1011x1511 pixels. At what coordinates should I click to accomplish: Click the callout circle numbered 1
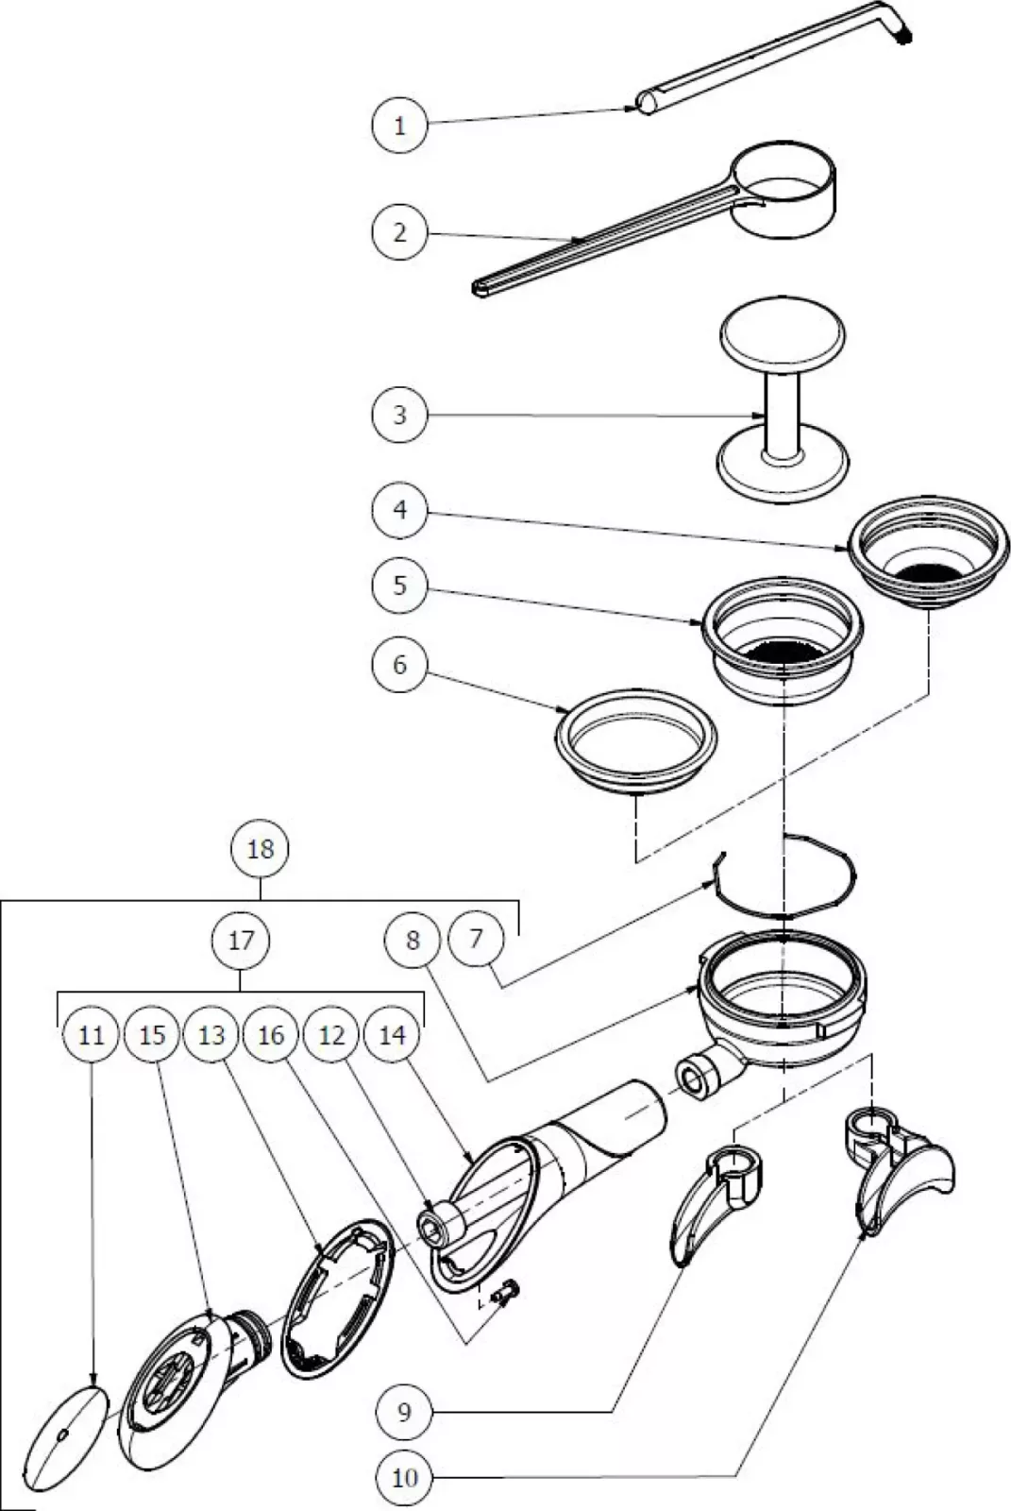tap(399, 125)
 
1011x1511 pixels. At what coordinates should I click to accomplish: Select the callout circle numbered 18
tap(261, 848)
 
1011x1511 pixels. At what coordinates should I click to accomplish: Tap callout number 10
tap(404, 1476)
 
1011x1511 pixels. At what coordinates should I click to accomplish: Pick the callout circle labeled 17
tap(242, 941)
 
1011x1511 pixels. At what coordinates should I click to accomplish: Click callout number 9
tap(404, 1412)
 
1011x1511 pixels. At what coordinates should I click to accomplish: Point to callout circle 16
tap(271, 1035)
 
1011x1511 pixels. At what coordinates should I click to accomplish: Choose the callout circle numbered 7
tap(476, 938)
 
